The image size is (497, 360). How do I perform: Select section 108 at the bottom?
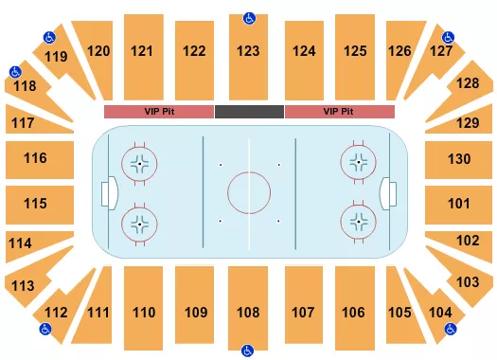point(248,312)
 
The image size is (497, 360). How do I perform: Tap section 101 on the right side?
point(459,203)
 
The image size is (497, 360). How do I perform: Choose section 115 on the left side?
point(36,203)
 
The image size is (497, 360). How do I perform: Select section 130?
point(459,158)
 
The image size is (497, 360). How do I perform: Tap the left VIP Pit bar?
point(158,112)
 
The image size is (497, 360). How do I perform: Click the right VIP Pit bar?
point(339,112)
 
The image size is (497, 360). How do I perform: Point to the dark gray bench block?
point(249,112)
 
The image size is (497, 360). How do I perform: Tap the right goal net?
point(387,193)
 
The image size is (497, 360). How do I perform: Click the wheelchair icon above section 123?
point(249,18)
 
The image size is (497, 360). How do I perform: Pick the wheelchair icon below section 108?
point(248,350)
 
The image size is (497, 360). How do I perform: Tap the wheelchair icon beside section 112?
point(44,330)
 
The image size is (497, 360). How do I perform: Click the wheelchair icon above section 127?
point(448,37)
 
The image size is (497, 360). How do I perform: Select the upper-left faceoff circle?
point(140,164)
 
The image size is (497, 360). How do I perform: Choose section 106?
point(354,312)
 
